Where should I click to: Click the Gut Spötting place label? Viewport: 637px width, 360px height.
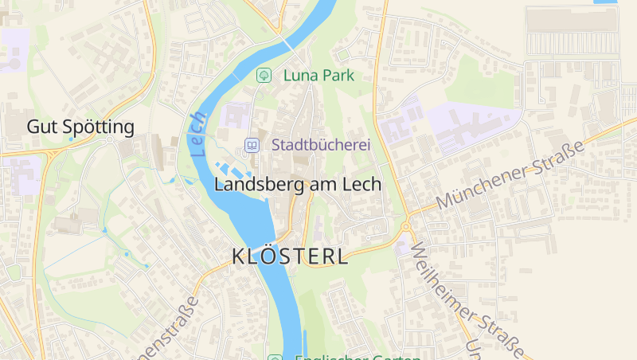80,127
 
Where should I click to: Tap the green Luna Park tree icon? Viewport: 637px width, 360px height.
263,76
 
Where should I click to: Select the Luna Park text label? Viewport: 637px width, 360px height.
318,76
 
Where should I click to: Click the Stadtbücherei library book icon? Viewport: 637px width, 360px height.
252,145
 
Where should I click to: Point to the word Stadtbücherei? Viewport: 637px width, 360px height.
322,145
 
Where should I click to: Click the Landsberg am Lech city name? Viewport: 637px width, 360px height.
298,184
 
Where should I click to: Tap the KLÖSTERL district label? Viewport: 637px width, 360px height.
290,256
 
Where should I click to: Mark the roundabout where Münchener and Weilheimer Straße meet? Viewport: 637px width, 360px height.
405,226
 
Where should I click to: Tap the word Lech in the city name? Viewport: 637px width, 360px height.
362,184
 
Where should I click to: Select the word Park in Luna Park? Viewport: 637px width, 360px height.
337,76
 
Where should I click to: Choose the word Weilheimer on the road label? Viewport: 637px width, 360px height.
443,278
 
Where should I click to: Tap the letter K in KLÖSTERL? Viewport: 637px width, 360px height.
237,256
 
